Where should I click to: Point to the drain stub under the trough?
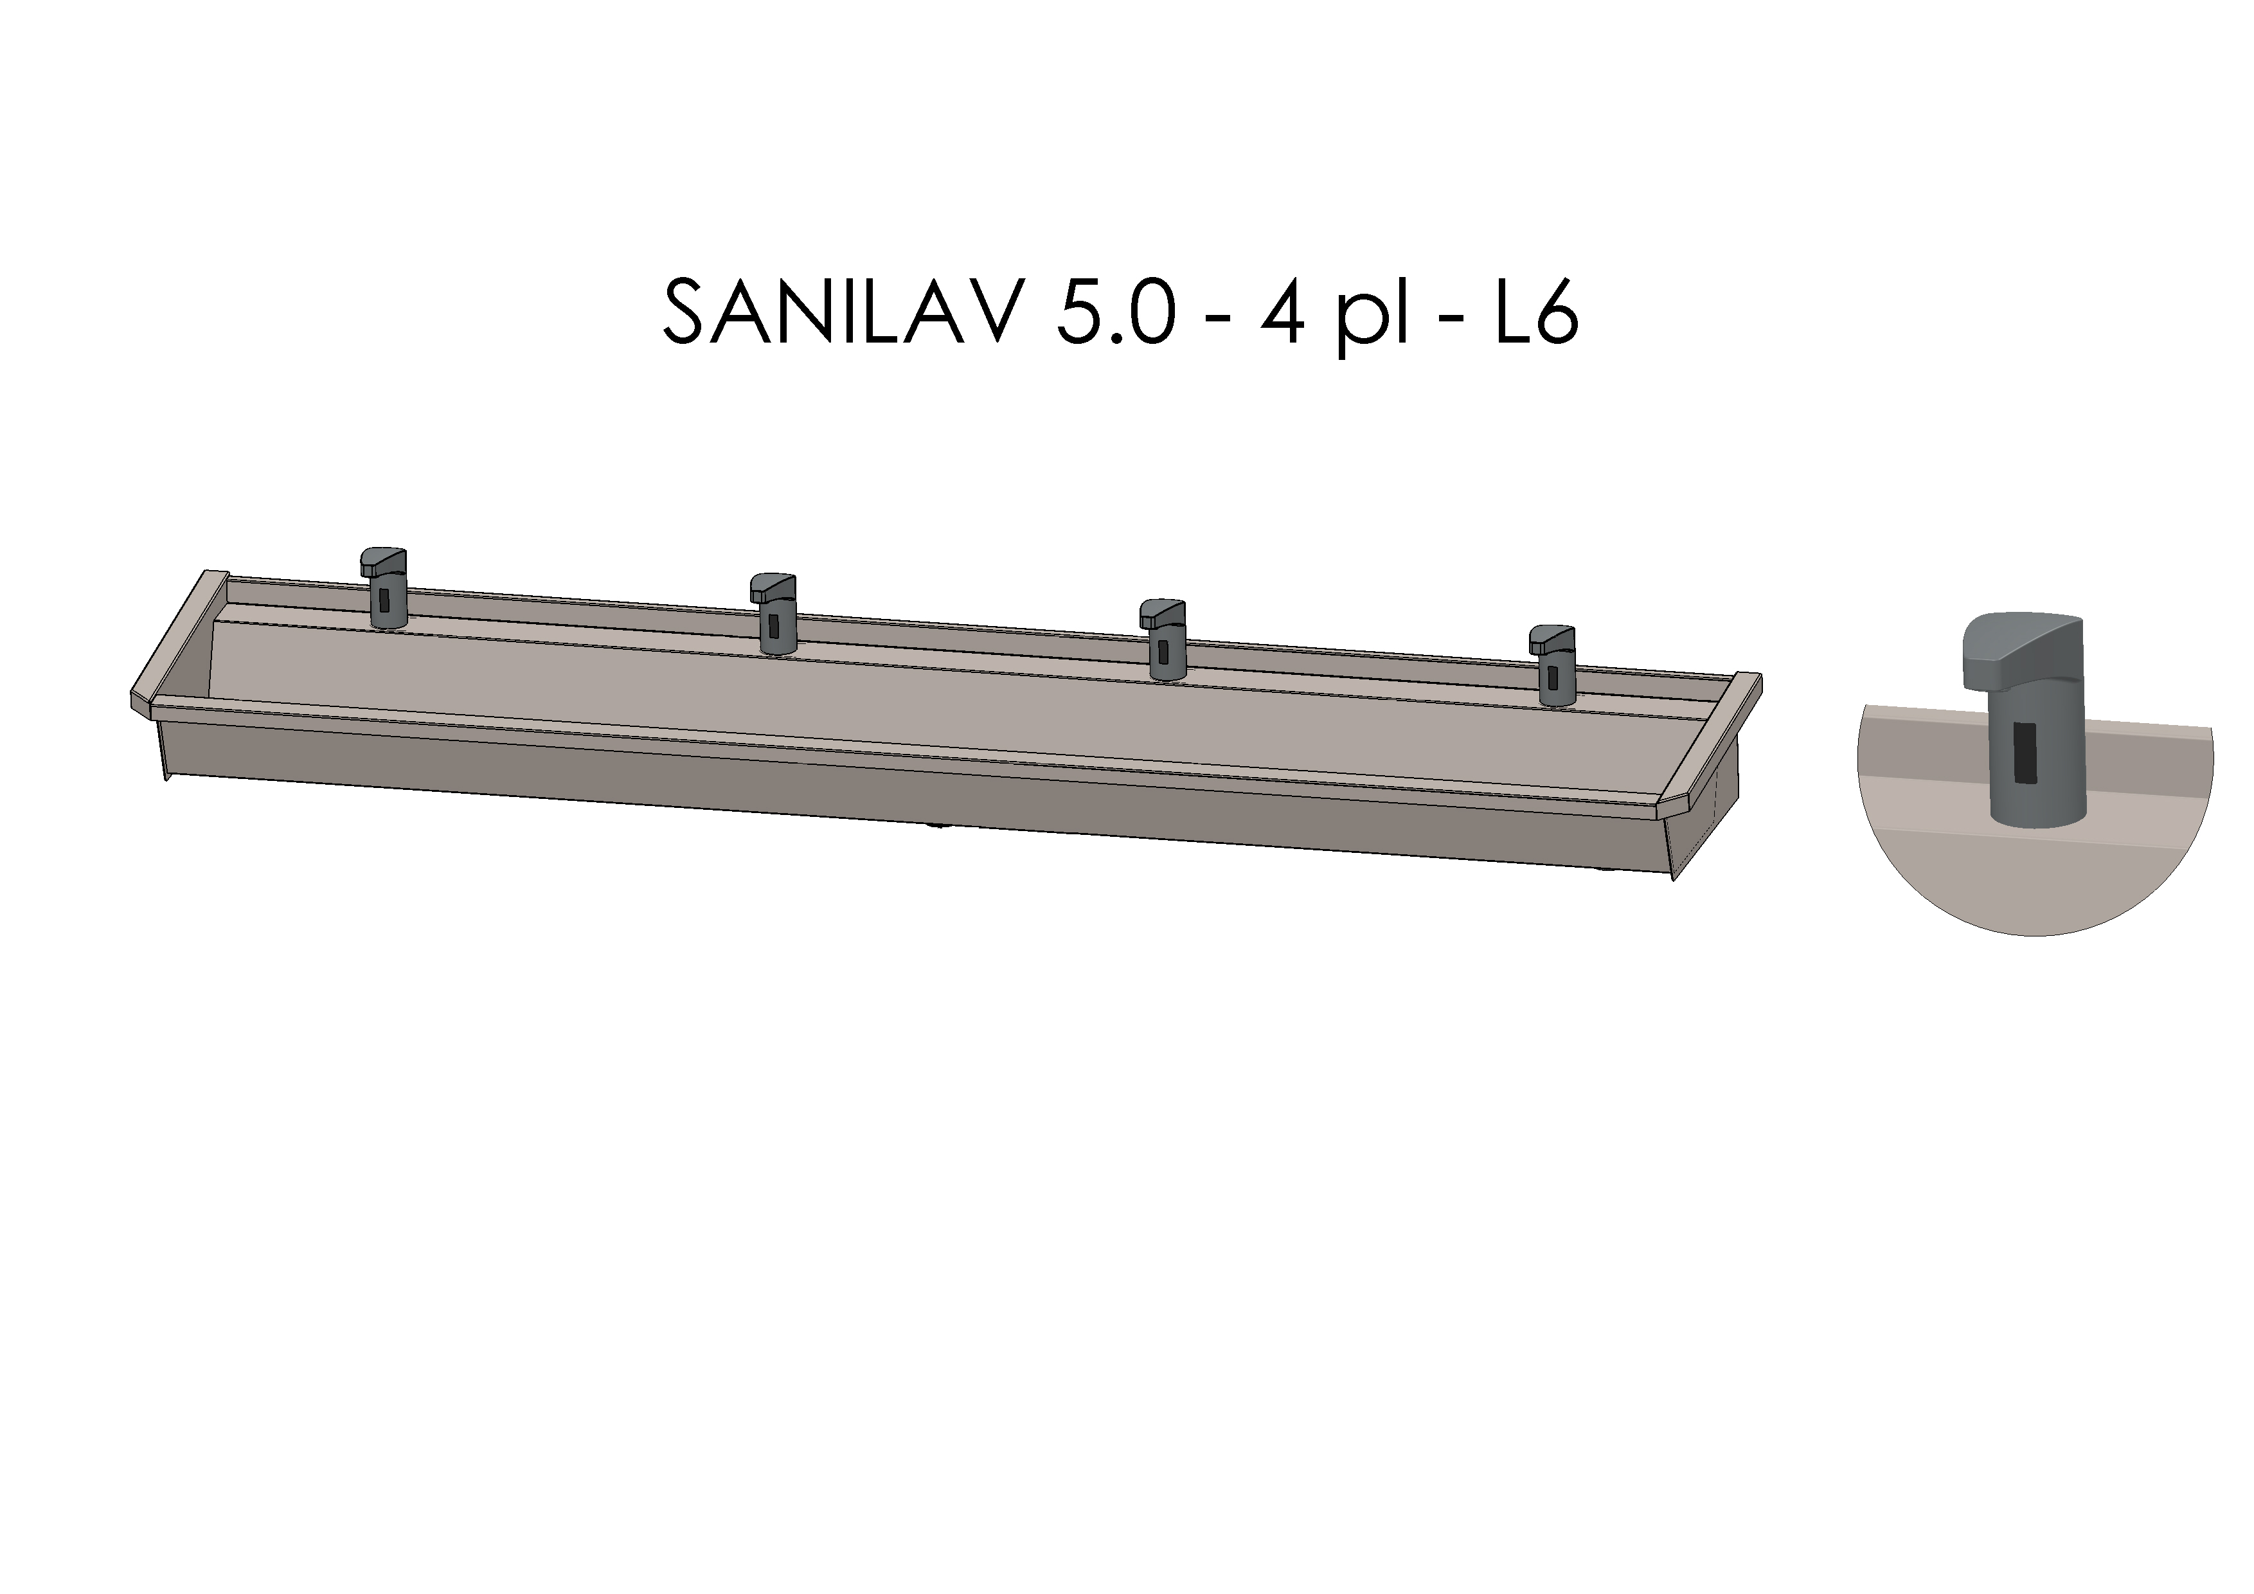coord(940,825)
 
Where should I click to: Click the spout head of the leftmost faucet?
coord(383,561)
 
